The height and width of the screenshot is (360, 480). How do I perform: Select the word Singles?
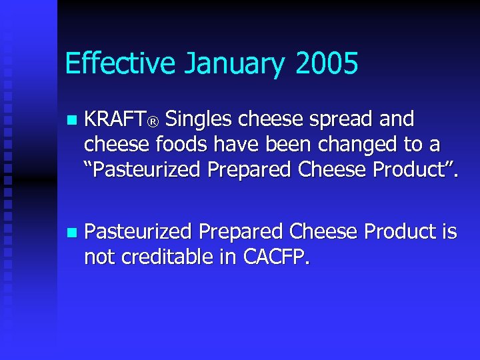(x=198, y=120)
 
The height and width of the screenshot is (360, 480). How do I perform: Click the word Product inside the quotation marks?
(x=411, y=170)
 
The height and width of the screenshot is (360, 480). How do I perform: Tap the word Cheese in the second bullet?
(x=322, y=232)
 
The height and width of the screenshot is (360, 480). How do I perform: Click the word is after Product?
(x=448, y=232)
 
